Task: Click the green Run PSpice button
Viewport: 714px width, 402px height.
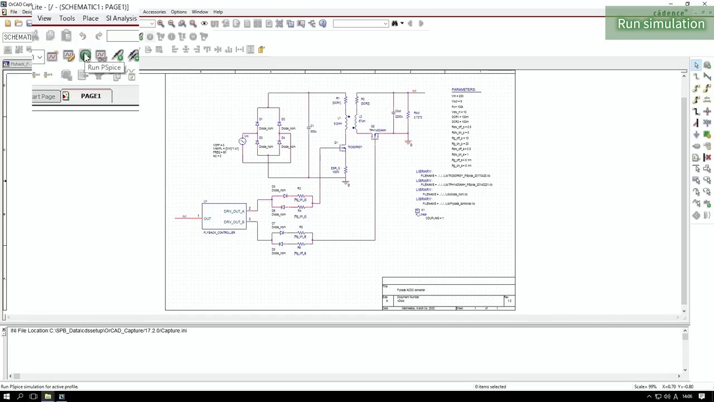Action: [x=85, y=55]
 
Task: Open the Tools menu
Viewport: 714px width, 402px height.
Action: [x=67, y=18]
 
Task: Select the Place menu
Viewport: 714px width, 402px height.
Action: [x=90, y=18]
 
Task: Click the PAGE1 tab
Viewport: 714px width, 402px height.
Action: [x=90, y=96]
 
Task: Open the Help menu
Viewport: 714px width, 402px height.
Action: [x=218, y=12]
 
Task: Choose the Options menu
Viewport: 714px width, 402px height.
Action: [x=178, y=12]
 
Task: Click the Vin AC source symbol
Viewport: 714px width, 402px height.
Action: [x=243, y=141]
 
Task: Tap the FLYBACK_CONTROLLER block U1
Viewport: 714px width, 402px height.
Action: [x=224, y=217]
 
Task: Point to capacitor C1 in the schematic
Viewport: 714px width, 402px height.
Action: [x=308, y=129]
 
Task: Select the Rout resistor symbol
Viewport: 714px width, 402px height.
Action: [x=408, y=115]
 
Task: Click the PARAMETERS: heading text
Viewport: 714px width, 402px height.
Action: [x=464, y=90]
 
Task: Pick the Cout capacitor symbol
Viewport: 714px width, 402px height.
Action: [x=393, y=113]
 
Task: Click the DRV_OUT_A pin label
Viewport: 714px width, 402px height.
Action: [x=234, y=212]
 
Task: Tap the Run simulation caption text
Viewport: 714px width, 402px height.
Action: [x=660, y=24]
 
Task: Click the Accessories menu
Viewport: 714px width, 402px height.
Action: [x=154, y=12]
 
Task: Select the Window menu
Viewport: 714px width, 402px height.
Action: [x=200, y=12]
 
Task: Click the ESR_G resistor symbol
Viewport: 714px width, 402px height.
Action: [x=345, y=169]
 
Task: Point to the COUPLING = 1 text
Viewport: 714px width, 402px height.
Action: [x=434, y=218]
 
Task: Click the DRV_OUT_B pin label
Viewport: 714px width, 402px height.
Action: [x=234, y=222]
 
